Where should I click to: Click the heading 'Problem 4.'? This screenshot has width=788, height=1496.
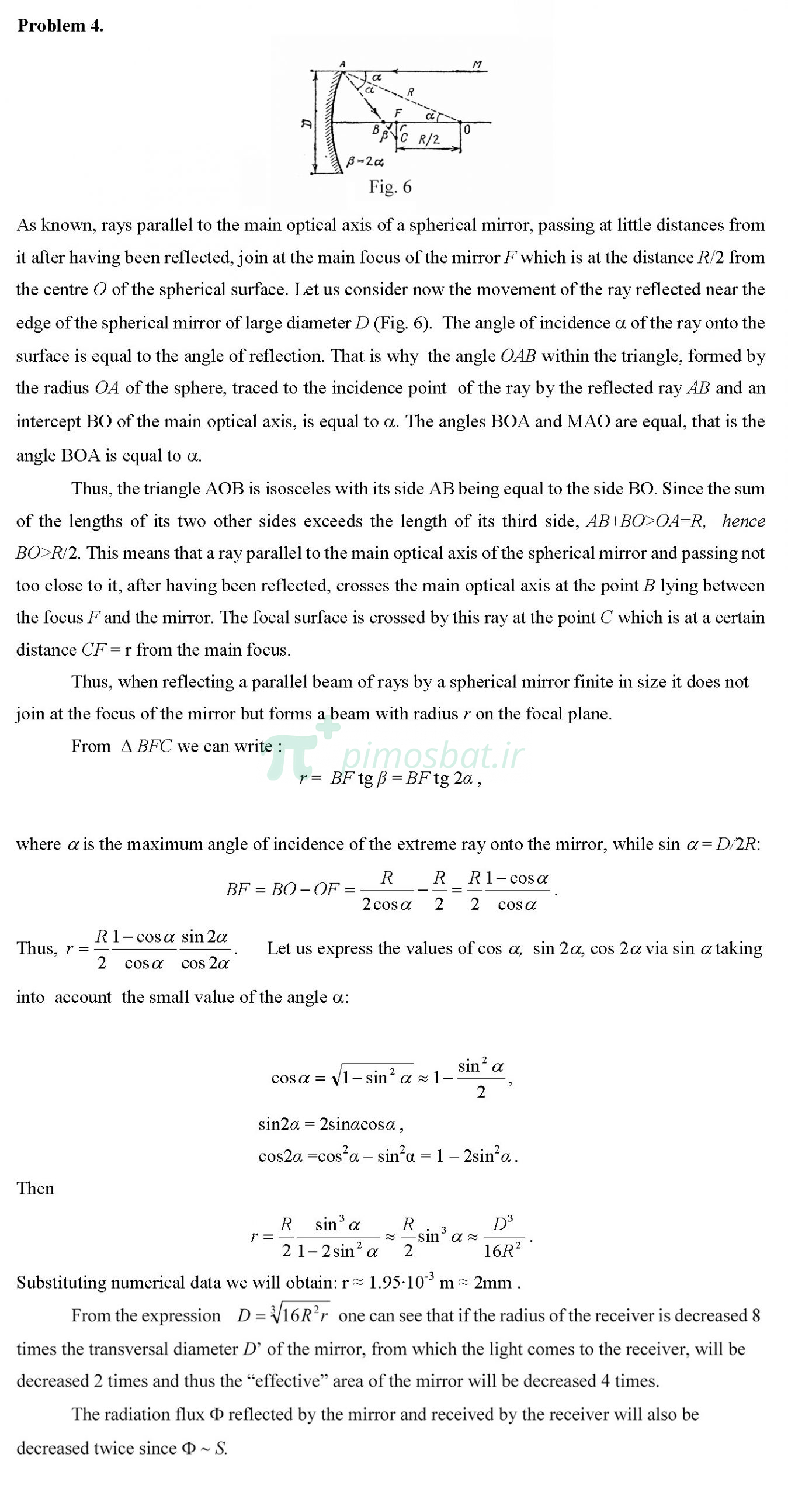(61, 26)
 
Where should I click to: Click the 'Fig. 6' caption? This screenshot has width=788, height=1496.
(390, 187)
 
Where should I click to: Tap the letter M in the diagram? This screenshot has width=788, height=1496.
(477, 64)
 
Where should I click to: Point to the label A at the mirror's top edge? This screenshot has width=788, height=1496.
(342, 64)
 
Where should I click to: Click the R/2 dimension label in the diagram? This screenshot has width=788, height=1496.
(429, 139)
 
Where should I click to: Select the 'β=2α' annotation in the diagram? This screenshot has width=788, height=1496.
(365, 161)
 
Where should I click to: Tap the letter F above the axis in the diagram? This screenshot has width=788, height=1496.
(398, 113)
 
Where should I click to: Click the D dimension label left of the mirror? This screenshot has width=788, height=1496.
(306, 123)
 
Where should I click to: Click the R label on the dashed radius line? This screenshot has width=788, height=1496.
(411, 92)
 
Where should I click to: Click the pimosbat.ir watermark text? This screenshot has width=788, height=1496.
(432, 755)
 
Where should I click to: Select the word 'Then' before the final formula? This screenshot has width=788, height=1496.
(35, 1189)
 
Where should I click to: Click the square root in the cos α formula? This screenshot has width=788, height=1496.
(372, 1077)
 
